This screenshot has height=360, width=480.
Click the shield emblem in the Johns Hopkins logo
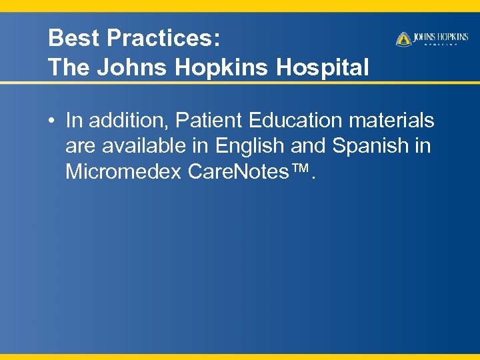click(x=403, y=39)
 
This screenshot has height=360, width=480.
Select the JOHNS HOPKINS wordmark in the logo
click(x=441, y=37)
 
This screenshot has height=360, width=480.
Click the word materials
click(x=397, y=121)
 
